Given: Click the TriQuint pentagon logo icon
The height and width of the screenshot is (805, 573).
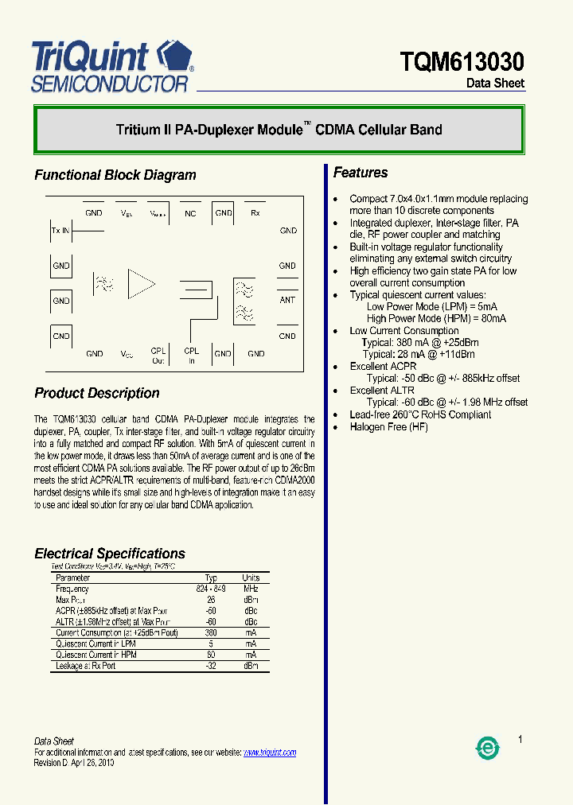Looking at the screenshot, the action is (x=175, y=56).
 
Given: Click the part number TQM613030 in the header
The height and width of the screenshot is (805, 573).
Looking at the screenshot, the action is (x=462, y=61).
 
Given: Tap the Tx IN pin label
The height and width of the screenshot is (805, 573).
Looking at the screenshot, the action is (x=60, y=230).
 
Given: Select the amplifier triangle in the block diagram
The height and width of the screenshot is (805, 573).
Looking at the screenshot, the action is (x=142, y=284).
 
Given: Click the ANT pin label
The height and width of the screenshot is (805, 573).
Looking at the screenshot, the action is (x=287, y=300).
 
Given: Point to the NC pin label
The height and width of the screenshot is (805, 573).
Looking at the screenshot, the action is (x=190, y=213).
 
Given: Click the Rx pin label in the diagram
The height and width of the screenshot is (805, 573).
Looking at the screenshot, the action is (x=255, y=213).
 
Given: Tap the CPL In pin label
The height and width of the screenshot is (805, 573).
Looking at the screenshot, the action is (x=192, y=356).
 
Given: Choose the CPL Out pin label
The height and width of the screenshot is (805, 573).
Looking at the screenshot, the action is (x=158, y=356).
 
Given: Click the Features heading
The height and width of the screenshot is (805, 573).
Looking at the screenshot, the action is (x=361, y=173).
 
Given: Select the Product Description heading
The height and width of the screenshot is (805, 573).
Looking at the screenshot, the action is (x=97, y=393).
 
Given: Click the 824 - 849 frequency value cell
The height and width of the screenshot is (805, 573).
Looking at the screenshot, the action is (x=211, y=589).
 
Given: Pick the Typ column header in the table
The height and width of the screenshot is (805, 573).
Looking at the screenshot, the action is (x=211, y=577).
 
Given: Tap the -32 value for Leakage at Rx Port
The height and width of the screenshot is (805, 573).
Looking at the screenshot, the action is (x=211, y=666).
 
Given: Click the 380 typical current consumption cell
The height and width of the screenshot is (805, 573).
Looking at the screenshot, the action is (x=211, y=633).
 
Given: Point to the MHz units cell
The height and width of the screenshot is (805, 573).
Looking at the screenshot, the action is (x=251, y=589).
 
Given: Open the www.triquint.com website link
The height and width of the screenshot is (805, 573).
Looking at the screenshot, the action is (x=269, y=752).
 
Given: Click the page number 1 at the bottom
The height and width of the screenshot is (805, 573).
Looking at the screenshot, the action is (x=520, y=740).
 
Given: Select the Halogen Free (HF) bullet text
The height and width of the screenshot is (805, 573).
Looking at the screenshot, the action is (x=388, y=427).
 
